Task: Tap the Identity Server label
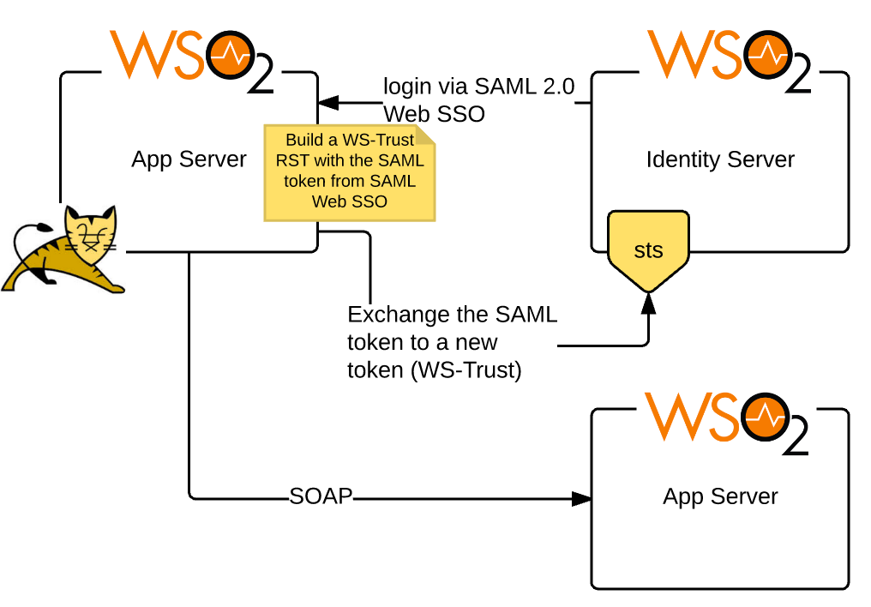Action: coord(720,159)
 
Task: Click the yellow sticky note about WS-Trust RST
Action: coord(348,171)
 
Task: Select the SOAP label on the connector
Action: coord(321,496)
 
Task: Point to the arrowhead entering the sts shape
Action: coord(648,301)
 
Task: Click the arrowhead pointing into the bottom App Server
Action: coord(582,497)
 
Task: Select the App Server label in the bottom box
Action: coord(720,496)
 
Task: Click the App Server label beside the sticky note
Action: coord(189,159)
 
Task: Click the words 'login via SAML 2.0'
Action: coord(478,87)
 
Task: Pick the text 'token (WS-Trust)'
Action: coord(434,370)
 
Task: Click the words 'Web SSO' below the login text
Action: coord(434,114)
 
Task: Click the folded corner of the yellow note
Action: coord(426,135)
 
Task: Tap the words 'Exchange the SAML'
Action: coord(452,315)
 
